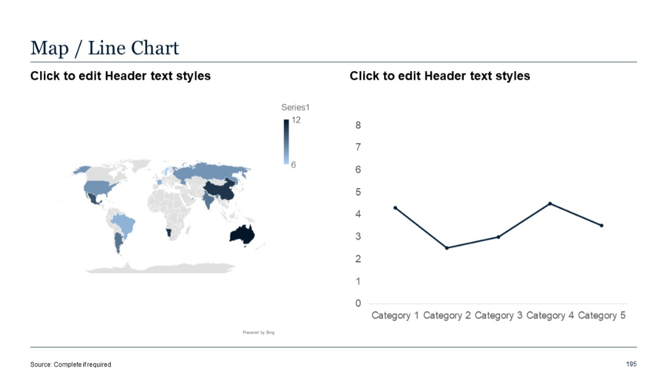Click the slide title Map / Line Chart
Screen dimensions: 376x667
(x=105, y=48)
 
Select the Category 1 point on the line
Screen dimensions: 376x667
(x=395, y=208)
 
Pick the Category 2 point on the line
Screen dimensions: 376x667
(x=447, y=248)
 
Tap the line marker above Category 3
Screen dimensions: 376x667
(x=498, y=237)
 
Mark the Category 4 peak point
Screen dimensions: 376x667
(x=550, y=203)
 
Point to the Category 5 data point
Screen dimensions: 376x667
(x=602, y=226)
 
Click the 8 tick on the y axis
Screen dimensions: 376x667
(x=358, y=125)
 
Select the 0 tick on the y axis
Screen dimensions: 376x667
(x=358, y=303)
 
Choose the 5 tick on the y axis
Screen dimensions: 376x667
(x=358, y=192)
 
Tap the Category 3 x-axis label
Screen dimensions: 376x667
(x=498, y=315)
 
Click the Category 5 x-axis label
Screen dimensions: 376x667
(x=602, y=315)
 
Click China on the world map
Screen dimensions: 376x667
(x=219, y=190)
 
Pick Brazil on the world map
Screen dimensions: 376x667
(x=125, y=223)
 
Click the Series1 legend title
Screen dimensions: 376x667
(x=295, y=108)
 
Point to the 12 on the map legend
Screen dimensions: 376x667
(x=296, y=120)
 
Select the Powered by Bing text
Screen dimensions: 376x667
(x=258, y=333)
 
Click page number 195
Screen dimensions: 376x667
(x=631, y=364)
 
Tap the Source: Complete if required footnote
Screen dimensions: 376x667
(x=70, y=364)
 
